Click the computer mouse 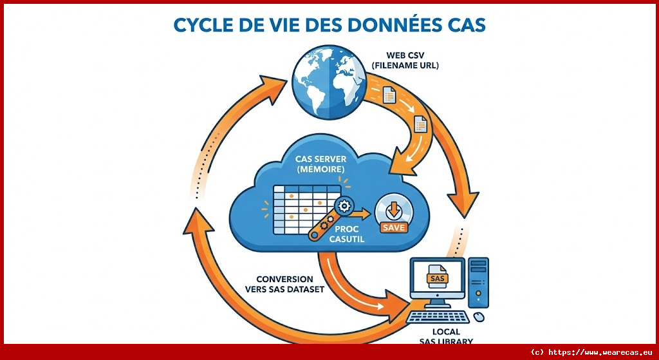pos(478,317)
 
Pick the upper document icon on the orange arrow pos(388,96)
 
